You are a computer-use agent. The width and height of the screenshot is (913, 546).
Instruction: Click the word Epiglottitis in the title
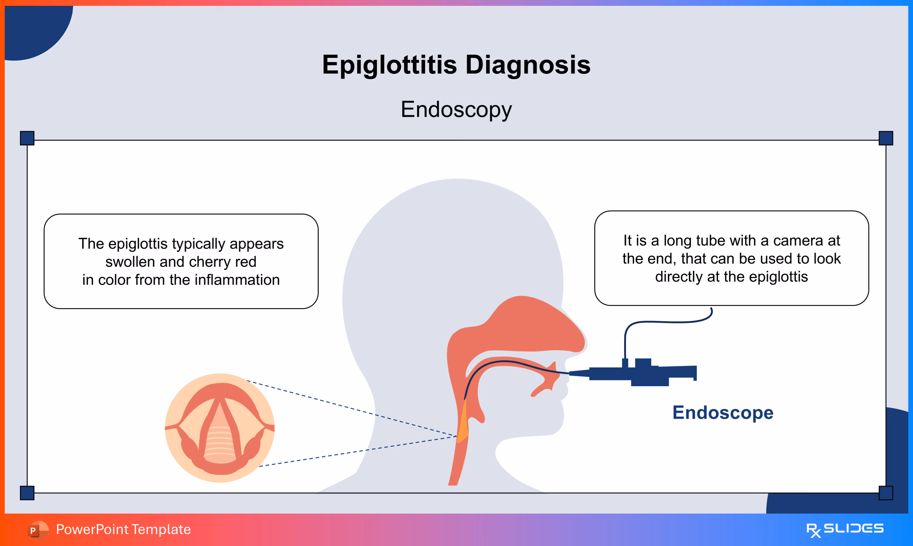pos(389,65)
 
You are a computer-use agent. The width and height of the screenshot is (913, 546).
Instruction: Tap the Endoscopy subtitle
pos(456,109)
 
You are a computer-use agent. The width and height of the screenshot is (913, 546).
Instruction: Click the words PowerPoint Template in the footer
pos(123,529)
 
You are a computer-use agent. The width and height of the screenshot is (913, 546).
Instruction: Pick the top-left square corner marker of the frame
pos(27,138)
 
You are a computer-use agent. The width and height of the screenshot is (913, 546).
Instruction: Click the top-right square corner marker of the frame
pos(886,138)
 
